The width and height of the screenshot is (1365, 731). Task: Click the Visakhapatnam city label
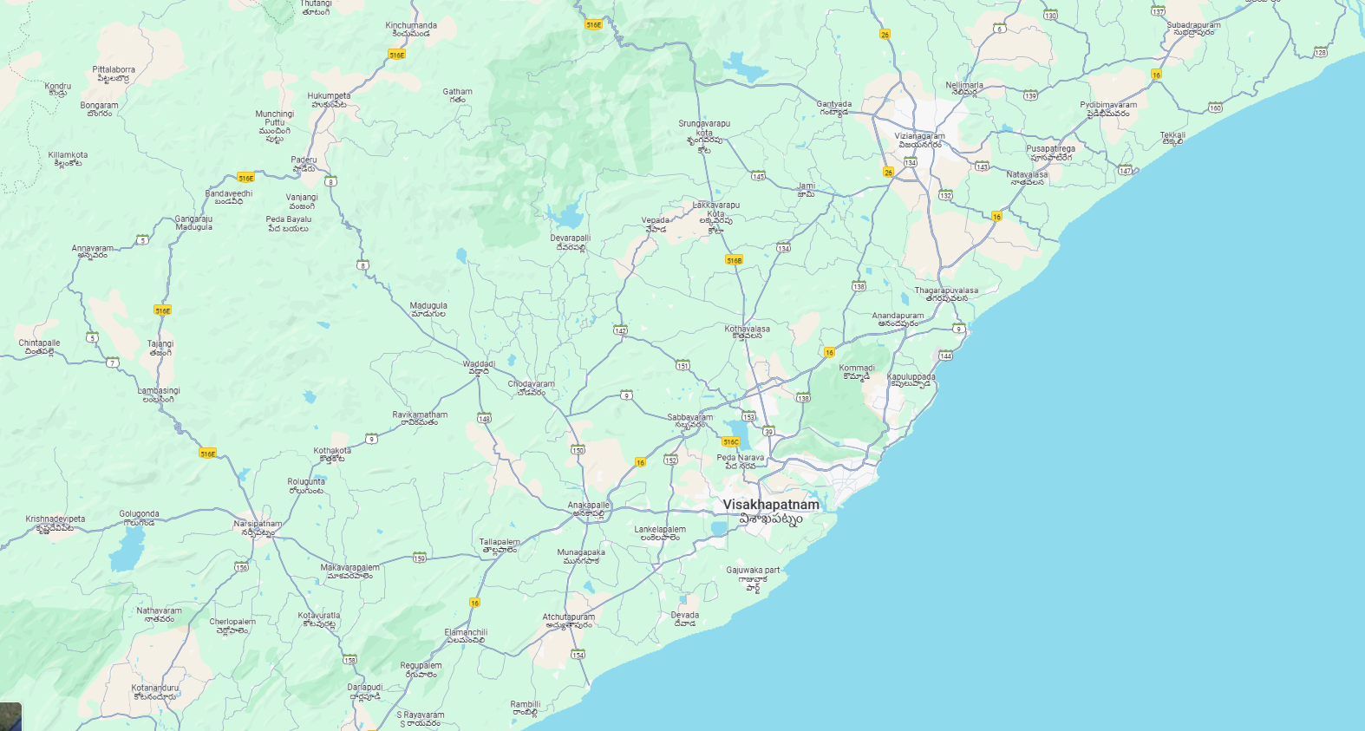pos(770,505)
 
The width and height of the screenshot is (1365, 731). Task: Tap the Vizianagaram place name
pos(919,136)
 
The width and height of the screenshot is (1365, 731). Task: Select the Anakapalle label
pos(589,505)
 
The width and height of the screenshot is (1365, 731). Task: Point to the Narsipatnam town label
pos(258,524)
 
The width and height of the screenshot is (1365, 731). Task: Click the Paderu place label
pos(304,160)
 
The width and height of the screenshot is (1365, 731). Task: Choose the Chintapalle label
pos(39,343)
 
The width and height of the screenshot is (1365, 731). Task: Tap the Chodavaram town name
pos(531,383)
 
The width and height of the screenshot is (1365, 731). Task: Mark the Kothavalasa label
pos(747,329)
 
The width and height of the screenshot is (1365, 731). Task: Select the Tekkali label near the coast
pos(1172,135)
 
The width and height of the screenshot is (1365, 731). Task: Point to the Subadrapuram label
pos(1193,25)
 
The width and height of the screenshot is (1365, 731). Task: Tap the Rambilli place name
pos(525,704)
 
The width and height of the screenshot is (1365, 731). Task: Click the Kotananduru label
pos(155,688)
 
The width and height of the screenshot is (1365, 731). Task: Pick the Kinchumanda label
pos(411,25)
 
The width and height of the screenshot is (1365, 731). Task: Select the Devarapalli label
pos(570,238)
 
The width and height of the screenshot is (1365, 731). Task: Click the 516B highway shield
pos(734,260)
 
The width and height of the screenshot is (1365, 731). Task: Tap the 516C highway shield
pos(730,442)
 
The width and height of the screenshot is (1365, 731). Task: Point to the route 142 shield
pos(620,330)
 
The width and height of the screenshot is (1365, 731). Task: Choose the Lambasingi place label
pos(159,391)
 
